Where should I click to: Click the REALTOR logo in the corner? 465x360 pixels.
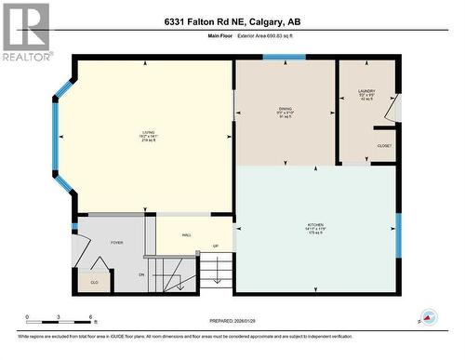(25, 32)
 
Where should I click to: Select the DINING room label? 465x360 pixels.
(285, 112)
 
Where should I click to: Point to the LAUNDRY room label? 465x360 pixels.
(366, 93)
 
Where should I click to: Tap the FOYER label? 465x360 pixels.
(116, 242)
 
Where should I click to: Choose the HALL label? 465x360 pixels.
(186, 235)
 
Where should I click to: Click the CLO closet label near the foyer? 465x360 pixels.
(94, 281)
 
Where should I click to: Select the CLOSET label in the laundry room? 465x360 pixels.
(384, 146)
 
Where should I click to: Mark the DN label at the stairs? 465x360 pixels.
(141, 274)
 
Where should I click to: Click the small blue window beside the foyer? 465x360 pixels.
(74, 226)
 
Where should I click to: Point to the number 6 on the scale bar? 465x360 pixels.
(89, 316)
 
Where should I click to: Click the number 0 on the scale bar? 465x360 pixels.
(27, 316)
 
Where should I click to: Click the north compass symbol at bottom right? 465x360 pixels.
(429, 317)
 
